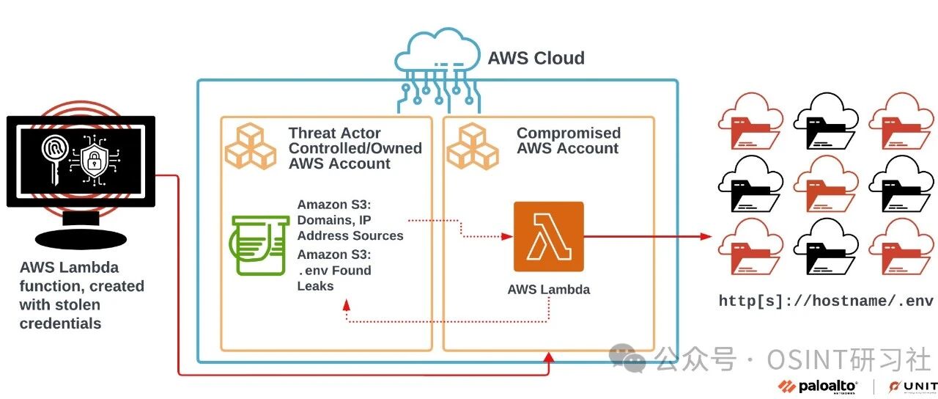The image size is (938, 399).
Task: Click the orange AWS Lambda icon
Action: point(549,236)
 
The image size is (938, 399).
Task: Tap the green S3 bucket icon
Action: point(259,245)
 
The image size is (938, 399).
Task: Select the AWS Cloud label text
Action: point(536,58)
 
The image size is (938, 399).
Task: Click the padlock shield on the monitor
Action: point(95,160)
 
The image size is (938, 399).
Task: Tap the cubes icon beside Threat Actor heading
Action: point(251,146)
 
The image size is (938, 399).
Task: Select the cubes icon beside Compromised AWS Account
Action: point(473,146)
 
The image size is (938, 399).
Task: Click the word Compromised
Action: point(569,133)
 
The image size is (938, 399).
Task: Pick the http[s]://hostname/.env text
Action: point(826,301)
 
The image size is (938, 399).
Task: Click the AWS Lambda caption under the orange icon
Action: point(549,289)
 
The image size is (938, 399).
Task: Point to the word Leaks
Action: point(315,286)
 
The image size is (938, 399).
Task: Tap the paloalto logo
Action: point(817,387)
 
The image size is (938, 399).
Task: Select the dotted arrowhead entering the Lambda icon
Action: point(507,236)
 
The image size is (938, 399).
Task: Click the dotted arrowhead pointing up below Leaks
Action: point(347,304)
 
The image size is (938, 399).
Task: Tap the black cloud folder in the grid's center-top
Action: point(826,121)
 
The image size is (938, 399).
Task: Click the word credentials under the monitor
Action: point(60,323)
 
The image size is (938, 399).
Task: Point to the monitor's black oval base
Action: point(81,239)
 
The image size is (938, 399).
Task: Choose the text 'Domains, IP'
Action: point(333,220)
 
